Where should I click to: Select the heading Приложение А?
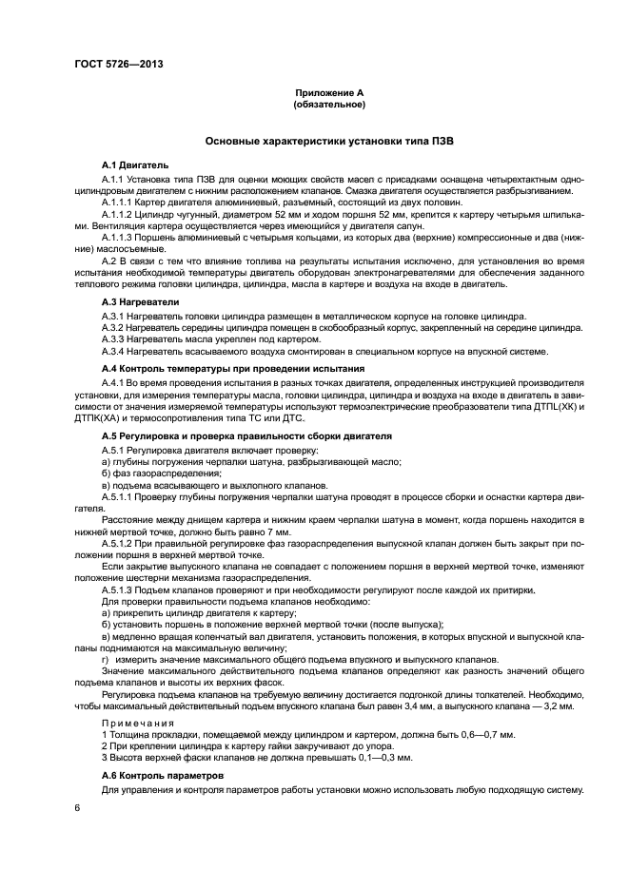pyautogui.click(x=329, y=92)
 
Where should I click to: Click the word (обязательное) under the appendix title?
pyautogui.click(x=329, y=104)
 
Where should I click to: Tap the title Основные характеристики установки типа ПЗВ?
pyautogui.click(x=329, y=141)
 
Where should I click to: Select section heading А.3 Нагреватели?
pyautogui.click(x=140, y=302)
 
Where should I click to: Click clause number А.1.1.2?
pyautogui.click(x=121, y=215)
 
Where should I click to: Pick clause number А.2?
pyautogui.click(x=111, y=261)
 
